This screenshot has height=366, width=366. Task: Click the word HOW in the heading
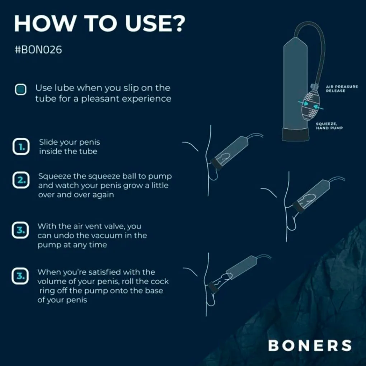[x=44, y=24]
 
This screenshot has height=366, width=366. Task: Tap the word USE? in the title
[x=155, y=24]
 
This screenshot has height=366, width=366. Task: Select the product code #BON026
[x=38, y=50]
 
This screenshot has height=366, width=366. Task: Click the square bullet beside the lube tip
[x=20, y=89]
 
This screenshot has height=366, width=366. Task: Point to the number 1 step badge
[x=21, y=147]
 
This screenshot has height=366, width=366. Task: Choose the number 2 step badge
[x=21, y=180]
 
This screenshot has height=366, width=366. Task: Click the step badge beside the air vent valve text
[x=20, y=230]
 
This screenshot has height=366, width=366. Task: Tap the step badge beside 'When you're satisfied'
[x=20, y=276]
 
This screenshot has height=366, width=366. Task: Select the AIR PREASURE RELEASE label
[x=342, y=89]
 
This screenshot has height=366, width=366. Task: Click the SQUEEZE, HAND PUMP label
[x=329, y=126]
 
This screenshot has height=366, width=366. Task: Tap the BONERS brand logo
[x=310, y=346]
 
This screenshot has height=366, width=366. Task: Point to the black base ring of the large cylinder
[x=295, y=135]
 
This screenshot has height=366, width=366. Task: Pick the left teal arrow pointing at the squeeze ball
[x=303, y=103]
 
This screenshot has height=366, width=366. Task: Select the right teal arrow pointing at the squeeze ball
[x=318, y=107]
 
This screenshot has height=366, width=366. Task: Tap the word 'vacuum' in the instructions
[x=104, y=235]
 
